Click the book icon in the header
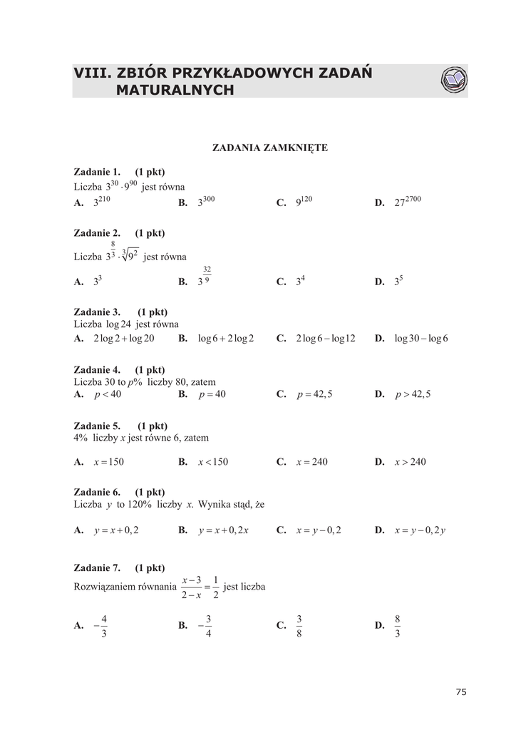pos(453,81)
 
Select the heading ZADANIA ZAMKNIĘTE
pos(270,148)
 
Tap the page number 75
pos(460,692)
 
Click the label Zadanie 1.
pos(97,172)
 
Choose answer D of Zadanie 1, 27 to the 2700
pos(408,202)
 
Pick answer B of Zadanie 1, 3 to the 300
pos(206,202)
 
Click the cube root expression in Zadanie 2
pos(129,255)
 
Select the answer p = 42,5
pos(315,394)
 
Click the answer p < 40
pos(108,394)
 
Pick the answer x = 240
pos(312,462)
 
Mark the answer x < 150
pos(213,462)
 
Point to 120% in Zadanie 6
pos(140,505)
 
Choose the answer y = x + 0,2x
pos(224,530)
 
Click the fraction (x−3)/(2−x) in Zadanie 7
pos(192,587)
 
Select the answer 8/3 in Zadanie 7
pos(398,626)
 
